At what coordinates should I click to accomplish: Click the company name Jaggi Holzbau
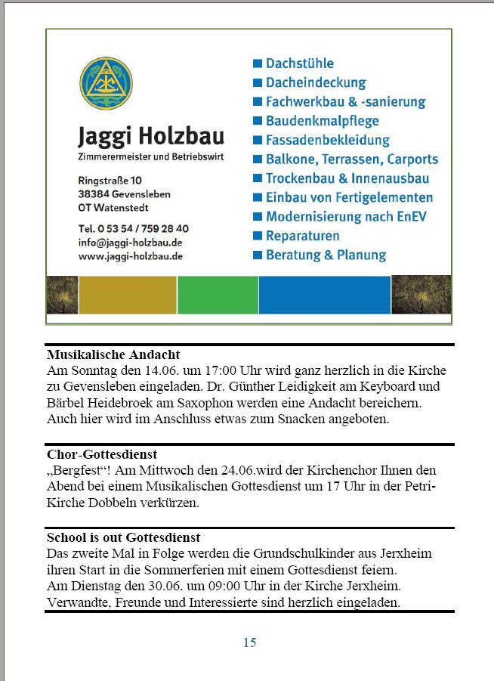tap(151, 137)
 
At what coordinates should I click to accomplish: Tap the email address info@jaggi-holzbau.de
tap(130, 243)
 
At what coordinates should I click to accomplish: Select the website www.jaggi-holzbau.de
tap(130, 256)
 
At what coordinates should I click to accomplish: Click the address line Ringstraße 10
tap(110, 181)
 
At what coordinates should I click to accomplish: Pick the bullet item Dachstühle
tap(299, 63)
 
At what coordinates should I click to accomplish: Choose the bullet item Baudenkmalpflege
tap(322, 121)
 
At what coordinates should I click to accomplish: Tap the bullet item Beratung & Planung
tap(326, 255)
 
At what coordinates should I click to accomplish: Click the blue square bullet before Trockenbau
tap(258, 178)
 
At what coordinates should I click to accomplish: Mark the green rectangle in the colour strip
tap(218, 295)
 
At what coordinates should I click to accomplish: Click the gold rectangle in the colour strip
tap(128, 295)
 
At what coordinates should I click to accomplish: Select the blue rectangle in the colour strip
tap(325, 295)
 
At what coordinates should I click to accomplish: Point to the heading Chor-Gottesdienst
tap(101, 454)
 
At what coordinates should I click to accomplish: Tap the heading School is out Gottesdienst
tap(123, 537)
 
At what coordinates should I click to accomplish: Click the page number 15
tap(249, 642)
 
